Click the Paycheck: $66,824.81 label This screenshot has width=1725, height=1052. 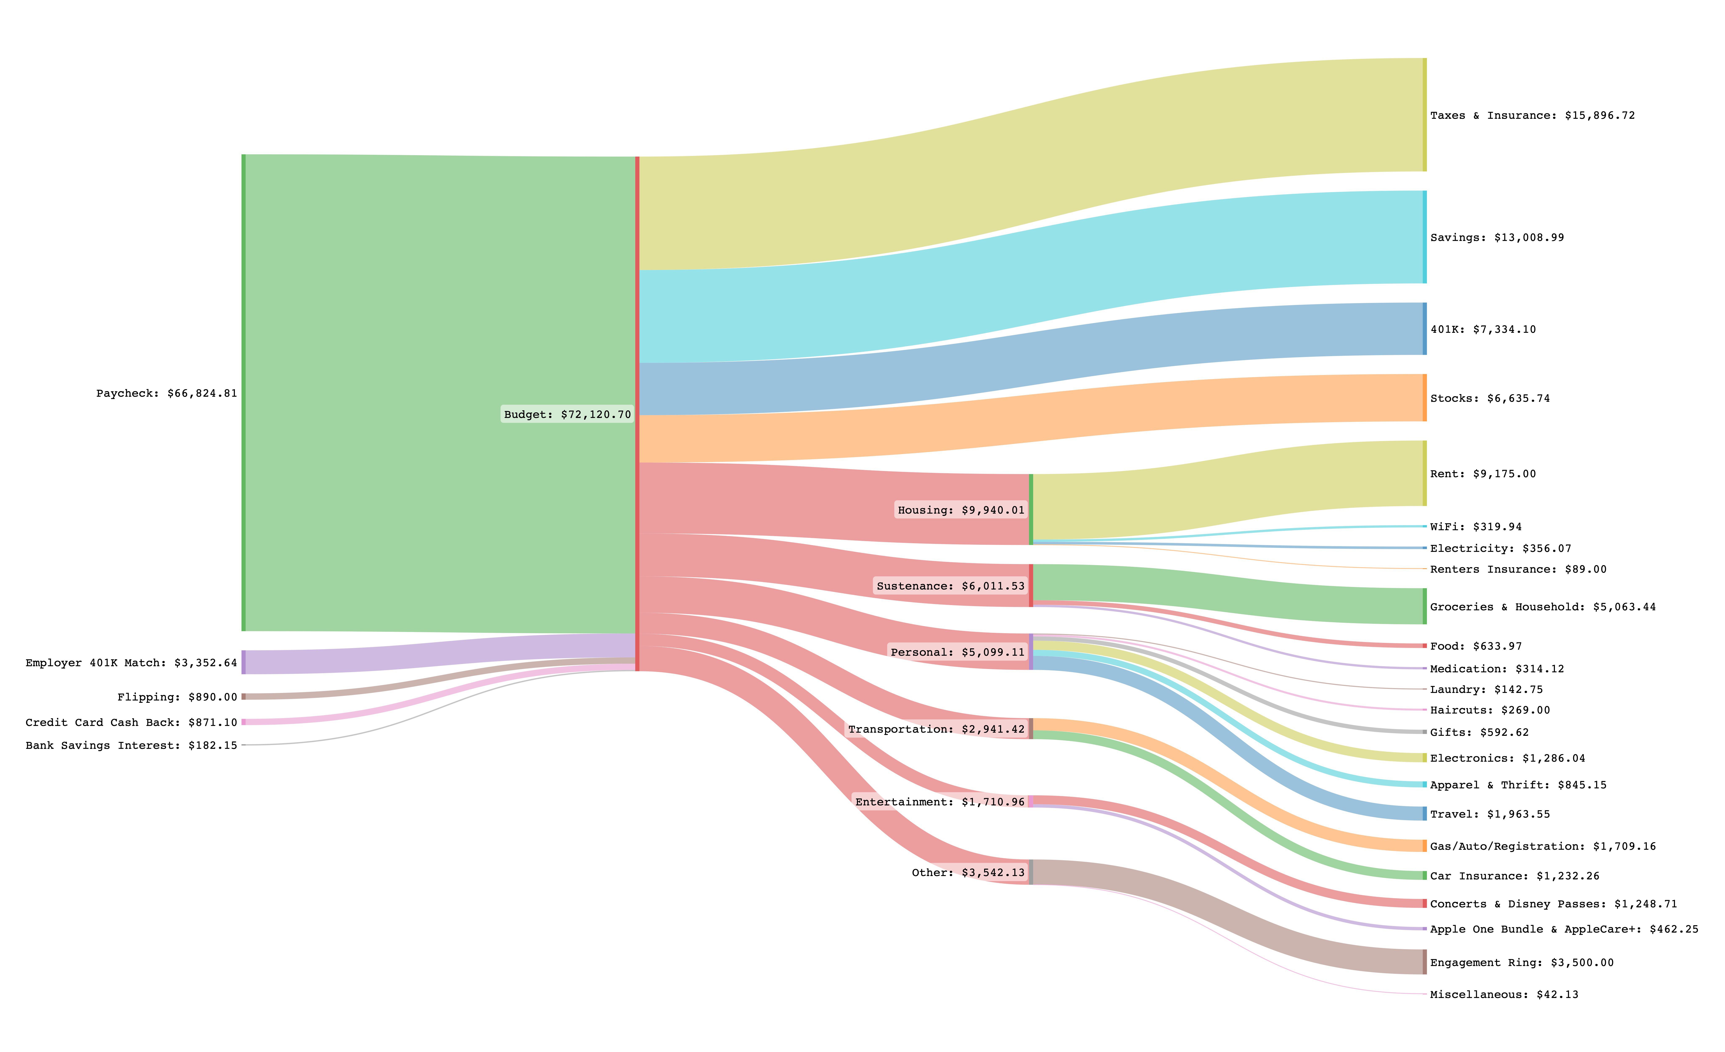tap(167, 393)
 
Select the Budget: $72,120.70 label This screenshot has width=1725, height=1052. tap(567, 414)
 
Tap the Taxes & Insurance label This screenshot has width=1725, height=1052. tap(1532, 115)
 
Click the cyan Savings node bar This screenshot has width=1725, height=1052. tap(1424, 237)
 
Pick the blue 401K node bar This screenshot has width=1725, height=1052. tap(1424, 329)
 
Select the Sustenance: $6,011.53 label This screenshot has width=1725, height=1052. tap(950, 586)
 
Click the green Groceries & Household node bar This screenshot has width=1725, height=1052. tap(1424, 606)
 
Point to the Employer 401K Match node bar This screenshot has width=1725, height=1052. tap(244, 662)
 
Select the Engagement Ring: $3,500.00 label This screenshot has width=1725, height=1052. tap(1521, 962)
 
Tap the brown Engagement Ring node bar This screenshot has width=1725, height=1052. tap(1424, 962)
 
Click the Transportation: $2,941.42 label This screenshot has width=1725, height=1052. tap(936, 729)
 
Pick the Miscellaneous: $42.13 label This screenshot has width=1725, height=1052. tap(1504, 995)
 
